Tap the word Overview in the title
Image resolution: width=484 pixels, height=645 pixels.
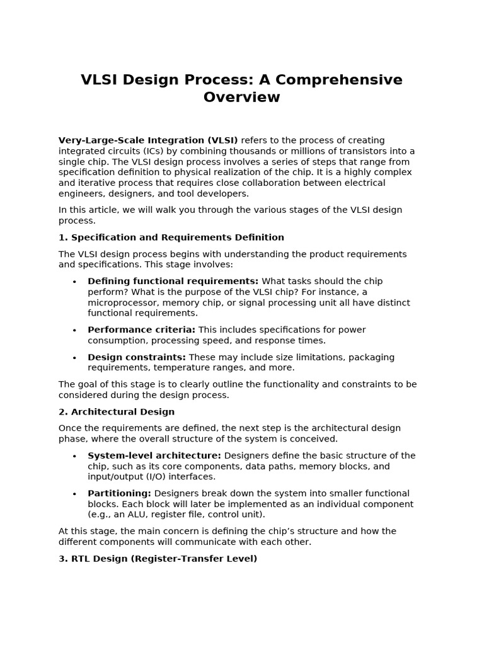coord(241,97)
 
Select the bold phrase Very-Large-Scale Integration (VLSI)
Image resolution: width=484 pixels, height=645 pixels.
coord(148,140)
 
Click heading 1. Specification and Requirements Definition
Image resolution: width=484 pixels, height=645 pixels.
coord(171,237)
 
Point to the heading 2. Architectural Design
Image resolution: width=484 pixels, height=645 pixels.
coord(117,412)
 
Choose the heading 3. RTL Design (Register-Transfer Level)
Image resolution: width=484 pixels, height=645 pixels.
coord(158,559)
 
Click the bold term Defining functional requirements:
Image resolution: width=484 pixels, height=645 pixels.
coord(173,281)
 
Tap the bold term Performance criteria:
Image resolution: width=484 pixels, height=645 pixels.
coord(141,329)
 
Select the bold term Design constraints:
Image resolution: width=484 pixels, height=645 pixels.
coord(137,357)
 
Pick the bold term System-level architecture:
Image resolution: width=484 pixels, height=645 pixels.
coord(154,455)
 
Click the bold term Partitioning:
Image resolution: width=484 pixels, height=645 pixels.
coord(119,493)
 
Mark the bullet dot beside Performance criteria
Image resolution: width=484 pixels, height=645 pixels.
coord(74,330)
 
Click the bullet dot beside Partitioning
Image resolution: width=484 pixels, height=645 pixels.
coord(74,494)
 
